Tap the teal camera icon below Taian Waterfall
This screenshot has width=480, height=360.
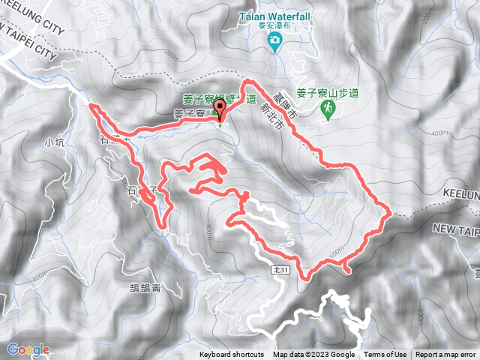pos(274,39)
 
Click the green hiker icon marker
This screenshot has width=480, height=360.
pos(328,109)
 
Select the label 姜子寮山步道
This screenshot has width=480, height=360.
pos(327,92)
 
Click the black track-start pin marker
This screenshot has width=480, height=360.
pos(220,111)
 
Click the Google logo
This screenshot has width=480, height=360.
pos(28,349)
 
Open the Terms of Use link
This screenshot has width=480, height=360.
pos(385,355)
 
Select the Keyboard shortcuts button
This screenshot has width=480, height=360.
pos(232,355)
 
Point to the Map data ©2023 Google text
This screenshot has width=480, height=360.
pos(313,355)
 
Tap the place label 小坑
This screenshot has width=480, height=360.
pos(55,141)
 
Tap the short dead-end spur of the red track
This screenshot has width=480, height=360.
pos(346,266)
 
